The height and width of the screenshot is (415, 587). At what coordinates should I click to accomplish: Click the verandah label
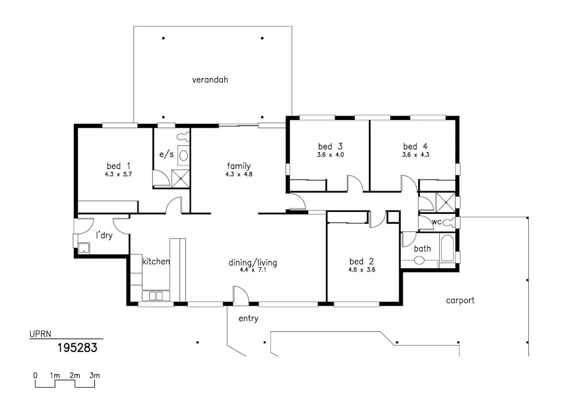(210, 80)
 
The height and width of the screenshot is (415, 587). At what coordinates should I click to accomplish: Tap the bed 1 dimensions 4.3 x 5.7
(118, 174)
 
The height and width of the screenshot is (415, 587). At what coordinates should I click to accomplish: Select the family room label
(239, 166)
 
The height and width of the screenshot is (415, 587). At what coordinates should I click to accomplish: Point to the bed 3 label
(330, 146)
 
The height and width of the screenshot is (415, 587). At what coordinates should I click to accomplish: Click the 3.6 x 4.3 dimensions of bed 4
(416, 155)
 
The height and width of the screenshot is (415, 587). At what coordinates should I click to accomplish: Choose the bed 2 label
(361, 261)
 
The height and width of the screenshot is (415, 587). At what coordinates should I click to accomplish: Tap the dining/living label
(252, 263)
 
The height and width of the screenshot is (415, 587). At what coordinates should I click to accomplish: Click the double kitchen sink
(156, 296)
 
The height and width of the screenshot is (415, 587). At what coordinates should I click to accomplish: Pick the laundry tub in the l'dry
(84, 248)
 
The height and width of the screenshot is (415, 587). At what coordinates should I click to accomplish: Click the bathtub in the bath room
(447, 248)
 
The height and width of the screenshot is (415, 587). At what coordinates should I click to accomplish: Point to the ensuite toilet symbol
(183, 137)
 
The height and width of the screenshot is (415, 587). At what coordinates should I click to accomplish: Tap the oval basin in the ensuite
(184, 156)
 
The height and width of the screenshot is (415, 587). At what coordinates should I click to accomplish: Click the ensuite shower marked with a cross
(181, 179)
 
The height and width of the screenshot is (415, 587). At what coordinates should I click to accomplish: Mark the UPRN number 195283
(77, 348)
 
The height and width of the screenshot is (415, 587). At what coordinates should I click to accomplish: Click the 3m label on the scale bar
(94, 375)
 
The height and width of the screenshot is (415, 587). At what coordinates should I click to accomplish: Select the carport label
(460, 300)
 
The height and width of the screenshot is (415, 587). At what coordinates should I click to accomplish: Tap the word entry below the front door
(248, 319)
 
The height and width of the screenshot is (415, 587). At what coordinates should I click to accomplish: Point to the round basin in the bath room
(419, 260)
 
